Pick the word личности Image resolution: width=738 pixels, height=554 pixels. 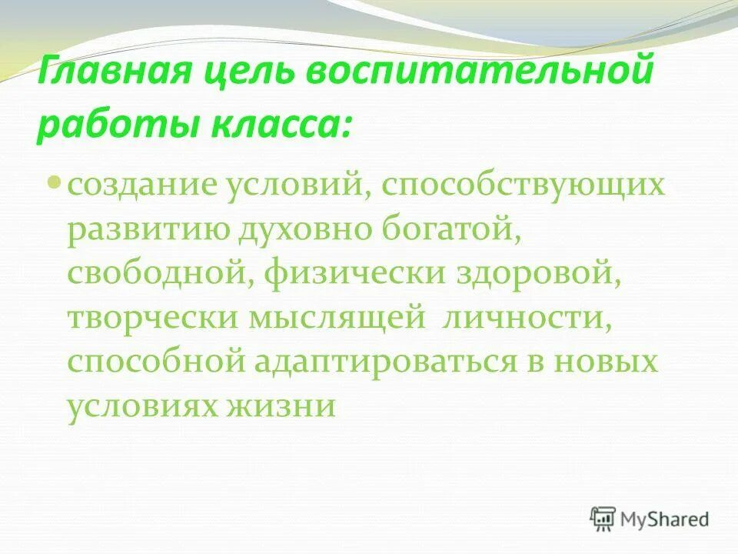tap(529, 318)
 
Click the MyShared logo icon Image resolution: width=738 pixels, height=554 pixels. tap(603, 519)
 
